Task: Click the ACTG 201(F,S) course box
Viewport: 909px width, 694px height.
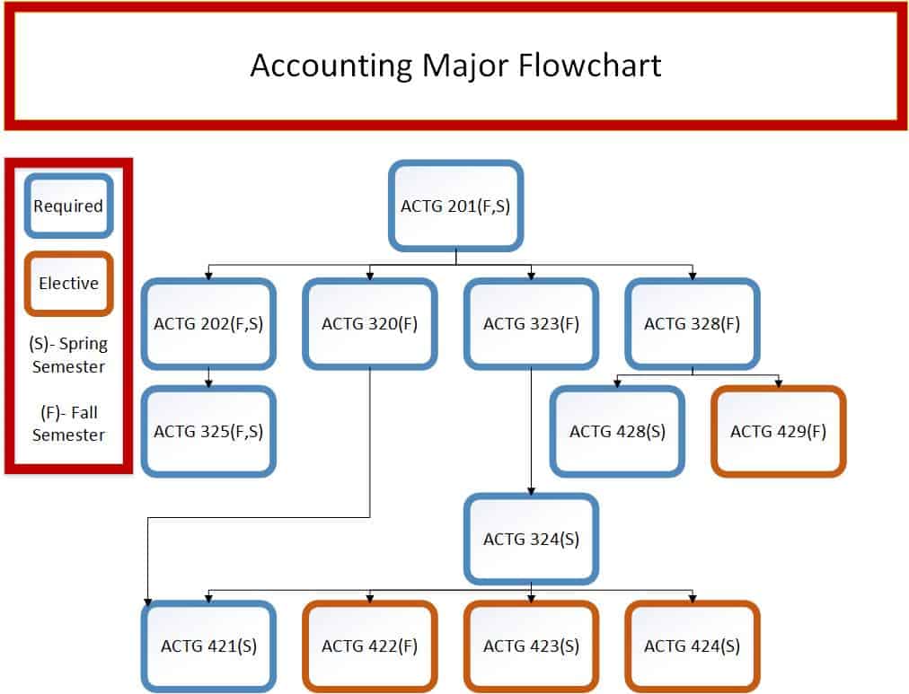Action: click(455, 206)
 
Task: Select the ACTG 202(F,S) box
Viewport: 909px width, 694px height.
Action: click(208, 324)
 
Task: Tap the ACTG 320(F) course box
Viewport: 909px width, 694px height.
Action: click(370, 324)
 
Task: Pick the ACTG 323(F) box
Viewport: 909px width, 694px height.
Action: click(531, 324)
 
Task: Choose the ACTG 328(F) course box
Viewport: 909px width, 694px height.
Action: click(693, 324)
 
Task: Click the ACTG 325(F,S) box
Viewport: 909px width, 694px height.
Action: click(208, 432)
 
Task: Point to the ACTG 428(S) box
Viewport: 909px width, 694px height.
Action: click(617, 432)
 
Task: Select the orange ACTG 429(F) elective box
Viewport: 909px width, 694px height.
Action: click(779, 432)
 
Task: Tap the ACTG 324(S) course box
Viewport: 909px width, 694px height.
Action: click(531, 540)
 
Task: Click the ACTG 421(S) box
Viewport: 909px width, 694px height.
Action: click(208, 646)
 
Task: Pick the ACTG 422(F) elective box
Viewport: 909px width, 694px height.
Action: click(370, 646)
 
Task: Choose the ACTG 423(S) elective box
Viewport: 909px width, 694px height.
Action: click(531, 646)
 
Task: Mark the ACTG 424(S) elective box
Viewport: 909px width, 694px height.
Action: click(693, 646)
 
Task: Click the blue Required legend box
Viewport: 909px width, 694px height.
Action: click(68, 206)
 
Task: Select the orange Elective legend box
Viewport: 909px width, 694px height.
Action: click(68, 284)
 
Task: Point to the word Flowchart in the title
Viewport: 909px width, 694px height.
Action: click(589, 65)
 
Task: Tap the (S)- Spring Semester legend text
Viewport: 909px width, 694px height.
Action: click(68, 356)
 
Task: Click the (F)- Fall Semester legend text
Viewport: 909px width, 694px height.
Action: click(68, 424)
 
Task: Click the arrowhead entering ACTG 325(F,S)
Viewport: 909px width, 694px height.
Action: click(208, 383)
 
